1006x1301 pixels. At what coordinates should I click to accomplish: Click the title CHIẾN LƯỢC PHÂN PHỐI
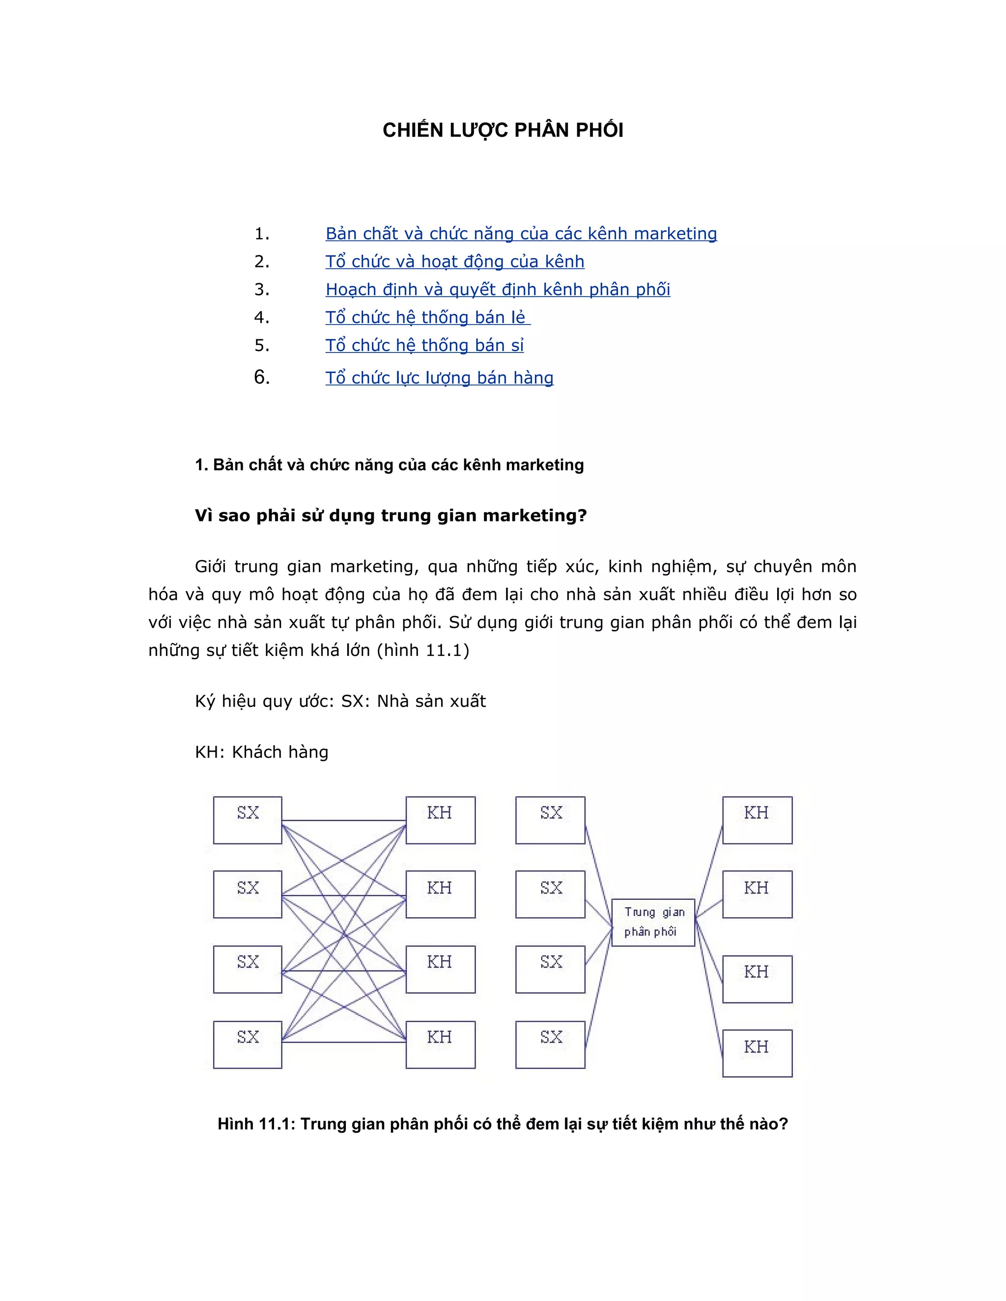[503, 131]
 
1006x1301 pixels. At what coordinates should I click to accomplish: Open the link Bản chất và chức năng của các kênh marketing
[521, 234]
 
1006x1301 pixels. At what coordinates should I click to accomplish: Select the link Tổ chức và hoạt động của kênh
[455, 262]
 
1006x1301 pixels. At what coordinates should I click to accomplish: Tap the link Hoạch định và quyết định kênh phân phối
[498, 290]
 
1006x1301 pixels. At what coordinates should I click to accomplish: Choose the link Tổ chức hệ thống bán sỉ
[424, 346]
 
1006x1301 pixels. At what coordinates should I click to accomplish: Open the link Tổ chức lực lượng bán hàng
[439, 378]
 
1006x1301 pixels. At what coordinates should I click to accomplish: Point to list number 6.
[262, 377]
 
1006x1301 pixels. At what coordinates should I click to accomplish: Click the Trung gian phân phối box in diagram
[653, 922]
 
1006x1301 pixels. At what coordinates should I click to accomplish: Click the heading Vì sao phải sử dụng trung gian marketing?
[391, 515]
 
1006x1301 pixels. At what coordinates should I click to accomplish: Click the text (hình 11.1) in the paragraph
[423, 650]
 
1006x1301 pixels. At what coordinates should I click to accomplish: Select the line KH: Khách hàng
[262, 752]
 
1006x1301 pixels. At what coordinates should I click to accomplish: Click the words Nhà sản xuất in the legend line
[431, 701]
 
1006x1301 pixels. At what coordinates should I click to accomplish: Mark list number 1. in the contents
[262, 234]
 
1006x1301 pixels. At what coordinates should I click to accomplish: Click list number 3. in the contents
[262, 290]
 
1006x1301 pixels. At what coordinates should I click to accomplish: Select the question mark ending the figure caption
[783, 1124]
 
